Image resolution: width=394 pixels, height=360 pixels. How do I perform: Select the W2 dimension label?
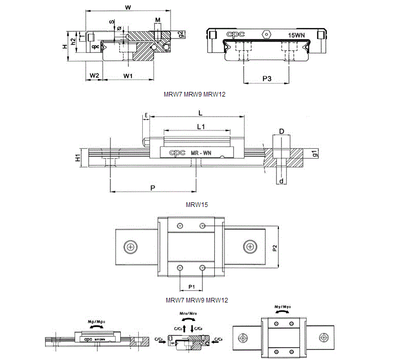pos(93,75)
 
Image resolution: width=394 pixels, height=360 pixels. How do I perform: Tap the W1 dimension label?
pos(128,75)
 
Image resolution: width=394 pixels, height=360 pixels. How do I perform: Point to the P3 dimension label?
pos(267,78)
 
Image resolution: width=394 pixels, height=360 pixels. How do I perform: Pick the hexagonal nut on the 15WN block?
pos(266,33)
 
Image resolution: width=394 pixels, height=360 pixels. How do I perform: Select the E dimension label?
pos(146,116)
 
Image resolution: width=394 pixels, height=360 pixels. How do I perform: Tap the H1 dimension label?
pos(78,158)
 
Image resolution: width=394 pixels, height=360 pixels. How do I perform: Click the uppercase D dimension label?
pos(282,131)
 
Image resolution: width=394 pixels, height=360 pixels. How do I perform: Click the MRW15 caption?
pos(197,204)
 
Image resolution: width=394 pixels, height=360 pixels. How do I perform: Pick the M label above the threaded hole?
pos(158,20)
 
